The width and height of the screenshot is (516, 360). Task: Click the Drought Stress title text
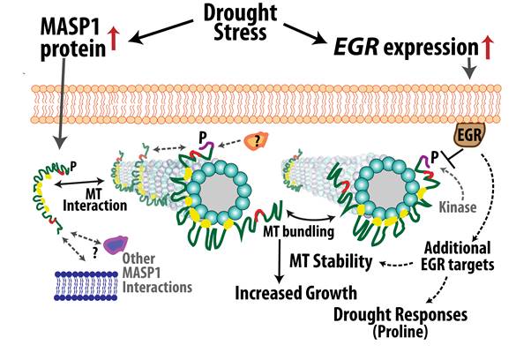240,22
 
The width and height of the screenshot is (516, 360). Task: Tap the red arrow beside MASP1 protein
114,39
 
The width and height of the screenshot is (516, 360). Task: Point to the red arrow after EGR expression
488,47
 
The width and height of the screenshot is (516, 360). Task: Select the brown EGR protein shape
469,134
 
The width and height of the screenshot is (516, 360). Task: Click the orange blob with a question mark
257,141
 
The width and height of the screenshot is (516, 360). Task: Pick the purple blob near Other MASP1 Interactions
116,245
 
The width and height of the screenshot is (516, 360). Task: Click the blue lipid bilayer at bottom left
86,285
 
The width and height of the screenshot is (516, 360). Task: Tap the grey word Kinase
458,207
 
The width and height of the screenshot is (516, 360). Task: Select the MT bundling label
298,231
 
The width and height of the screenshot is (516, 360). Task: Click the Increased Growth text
295,293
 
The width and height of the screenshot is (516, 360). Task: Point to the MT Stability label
331,261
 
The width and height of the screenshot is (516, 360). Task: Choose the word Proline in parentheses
400,332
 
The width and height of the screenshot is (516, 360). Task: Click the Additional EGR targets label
458,257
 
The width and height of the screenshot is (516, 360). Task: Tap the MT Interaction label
94,199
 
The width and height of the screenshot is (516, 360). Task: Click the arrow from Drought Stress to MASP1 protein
161,31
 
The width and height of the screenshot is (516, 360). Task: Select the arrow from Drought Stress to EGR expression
306,34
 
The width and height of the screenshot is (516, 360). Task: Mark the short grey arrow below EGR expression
470,68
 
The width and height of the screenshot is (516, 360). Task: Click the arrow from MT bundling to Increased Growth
279,261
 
